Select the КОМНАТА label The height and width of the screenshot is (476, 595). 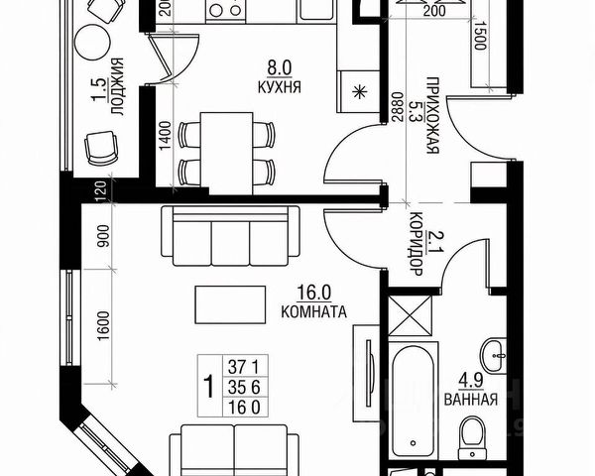coord(312,311)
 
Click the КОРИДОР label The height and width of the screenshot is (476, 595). coord(416,248)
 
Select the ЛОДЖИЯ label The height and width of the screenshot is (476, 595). coord(117,88)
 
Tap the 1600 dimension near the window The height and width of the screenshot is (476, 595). coord(102,323)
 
